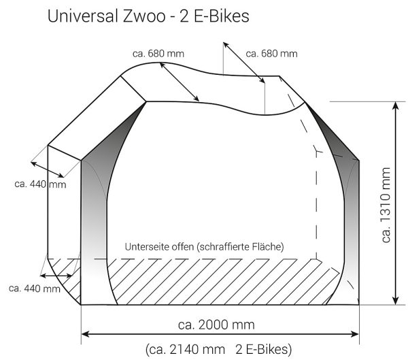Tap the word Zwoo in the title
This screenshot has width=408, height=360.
pos(144,16)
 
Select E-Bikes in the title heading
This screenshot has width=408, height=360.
pos(222,16)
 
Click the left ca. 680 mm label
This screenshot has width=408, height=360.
pos(158,54)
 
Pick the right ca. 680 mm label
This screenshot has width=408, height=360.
pos(271,54)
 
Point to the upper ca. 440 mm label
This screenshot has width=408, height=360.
pos(40,184)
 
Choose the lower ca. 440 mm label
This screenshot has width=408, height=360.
pos(35,289)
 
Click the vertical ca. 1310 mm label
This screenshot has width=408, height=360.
pos(386,205)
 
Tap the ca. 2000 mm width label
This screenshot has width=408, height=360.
pos(216,325)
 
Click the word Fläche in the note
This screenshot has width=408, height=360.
pos(270,246)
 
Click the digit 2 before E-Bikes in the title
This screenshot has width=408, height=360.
pos(184,16)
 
